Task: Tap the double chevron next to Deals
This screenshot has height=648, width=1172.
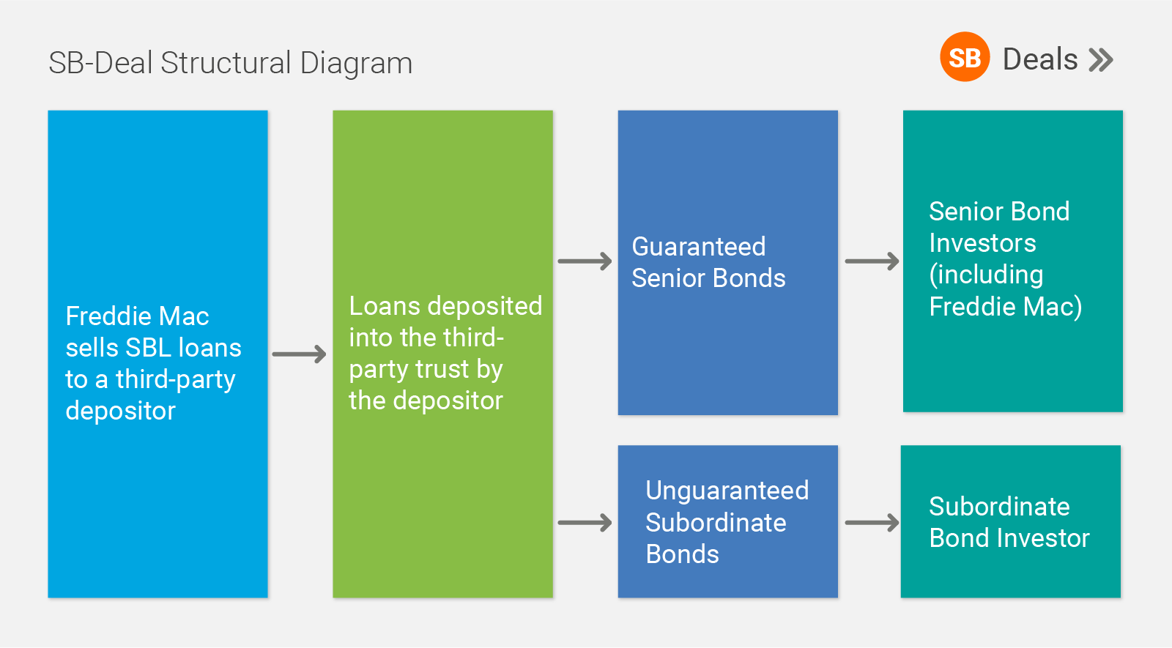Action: coord(1101,59)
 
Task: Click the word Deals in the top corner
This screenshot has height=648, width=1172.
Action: coord(1040,59)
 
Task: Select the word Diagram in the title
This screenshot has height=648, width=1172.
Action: coord(356,63)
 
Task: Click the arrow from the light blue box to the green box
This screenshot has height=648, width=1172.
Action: coord(300,354)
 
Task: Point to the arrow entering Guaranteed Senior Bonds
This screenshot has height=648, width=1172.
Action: coord(585,261)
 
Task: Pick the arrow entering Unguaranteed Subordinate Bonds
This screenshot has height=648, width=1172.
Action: coord(585,523)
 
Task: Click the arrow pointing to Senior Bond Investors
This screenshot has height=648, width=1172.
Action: coord(872,261)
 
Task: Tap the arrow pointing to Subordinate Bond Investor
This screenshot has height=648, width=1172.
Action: coord(872,523)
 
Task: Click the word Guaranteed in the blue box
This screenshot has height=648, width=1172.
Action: coord(699,246)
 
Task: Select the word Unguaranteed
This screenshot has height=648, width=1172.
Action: coord(727,491)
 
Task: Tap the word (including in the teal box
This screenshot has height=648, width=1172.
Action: coord(986,275)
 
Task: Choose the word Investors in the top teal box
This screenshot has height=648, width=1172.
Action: coord(982,243)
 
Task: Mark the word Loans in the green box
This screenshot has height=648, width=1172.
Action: coord(385,306)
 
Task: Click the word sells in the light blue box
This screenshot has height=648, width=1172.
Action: coord(92,348)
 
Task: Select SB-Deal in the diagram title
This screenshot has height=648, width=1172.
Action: coord(100,63)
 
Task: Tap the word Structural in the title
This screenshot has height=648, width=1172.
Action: coord(226,63)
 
